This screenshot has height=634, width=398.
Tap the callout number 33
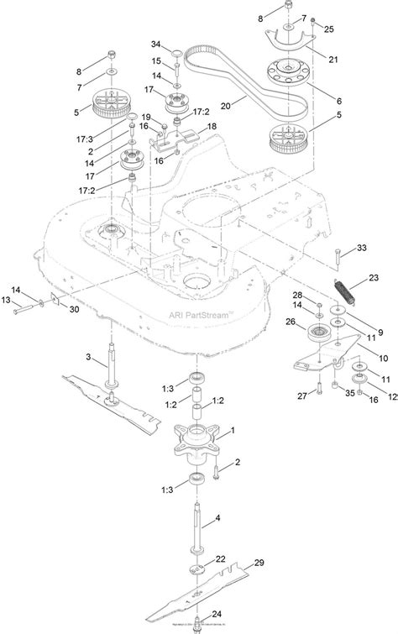point(362,249)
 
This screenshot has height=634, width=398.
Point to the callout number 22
point(220,559)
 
